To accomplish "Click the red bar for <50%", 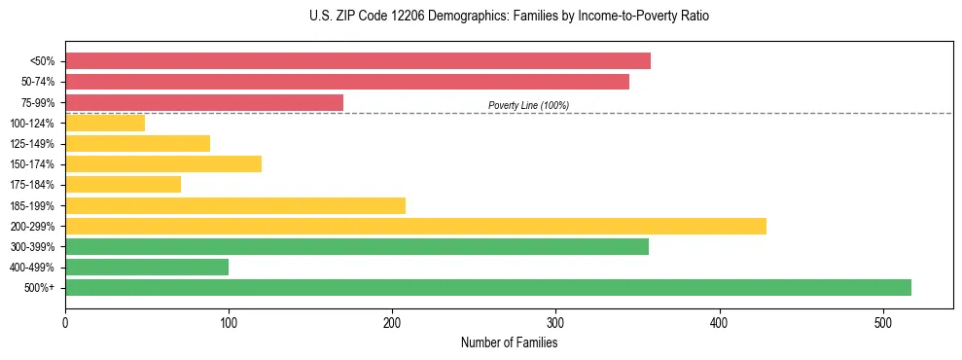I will tap(357, 61).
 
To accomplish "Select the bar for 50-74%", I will tap(346, 82).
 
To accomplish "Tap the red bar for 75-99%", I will tap(203, 102).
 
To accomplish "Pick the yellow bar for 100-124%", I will tap(105, 123).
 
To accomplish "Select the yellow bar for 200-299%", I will tap(415, 226).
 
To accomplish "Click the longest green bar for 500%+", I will tap(487, 287).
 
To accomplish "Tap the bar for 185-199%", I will tap(235, 205).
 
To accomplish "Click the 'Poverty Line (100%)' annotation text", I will tap(528, 105).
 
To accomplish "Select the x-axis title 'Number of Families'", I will tap(509, 342).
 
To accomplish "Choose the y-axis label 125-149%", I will tap(32, 144).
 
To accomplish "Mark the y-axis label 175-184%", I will tap(32, 185).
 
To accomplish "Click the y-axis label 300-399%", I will tap(32, 247).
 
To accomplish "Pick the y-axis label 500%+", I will tap(39, 288).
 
